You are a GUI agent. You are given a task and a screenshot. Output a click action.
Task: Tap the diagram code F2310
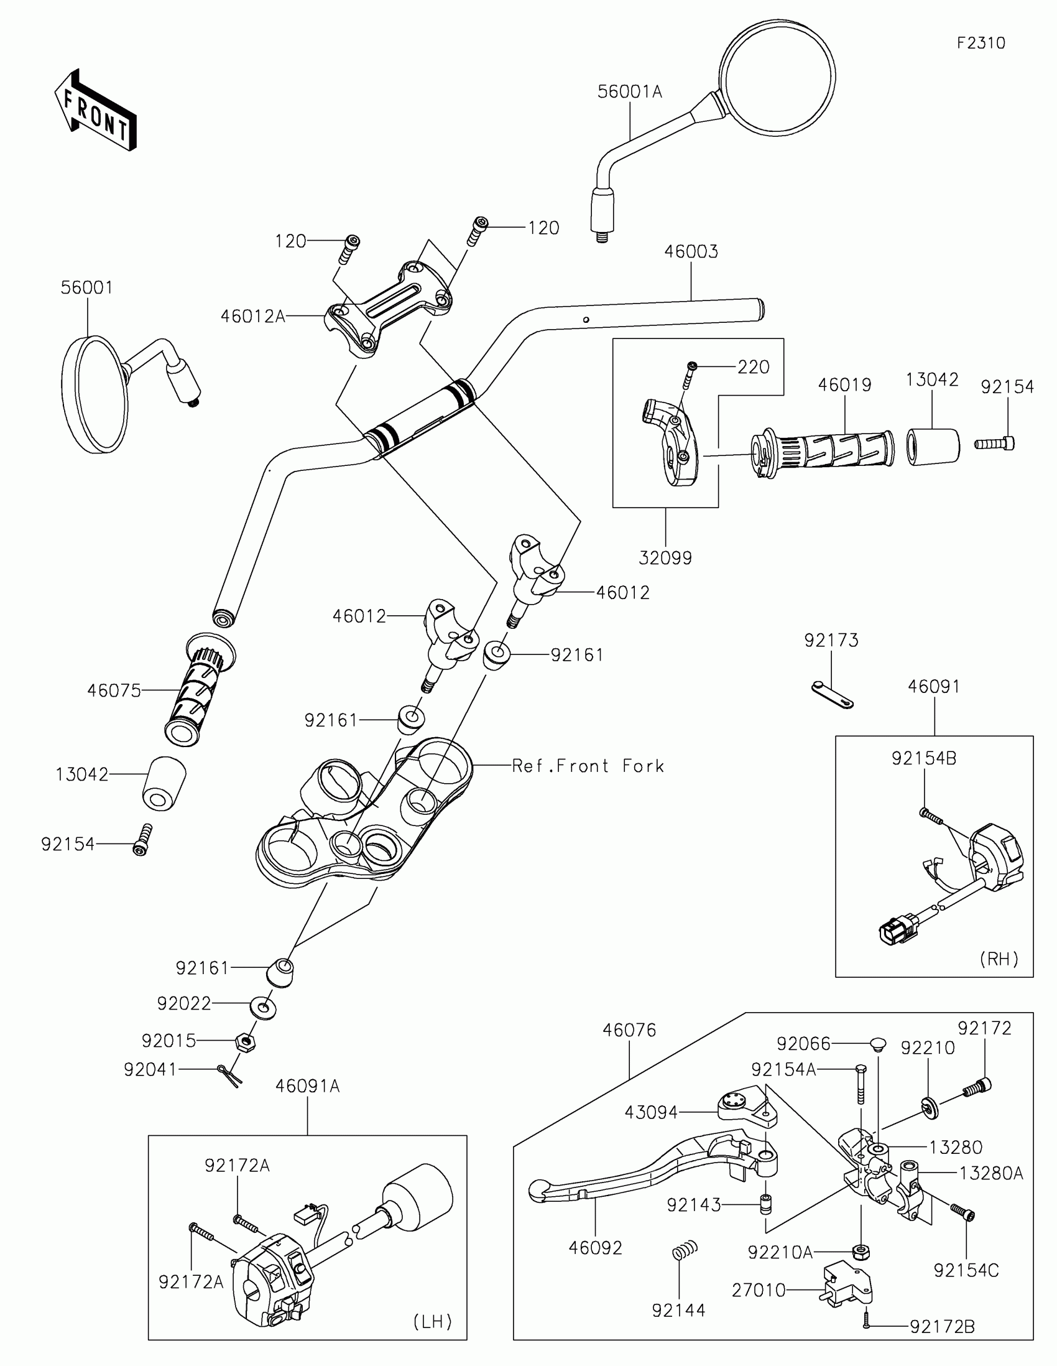981,43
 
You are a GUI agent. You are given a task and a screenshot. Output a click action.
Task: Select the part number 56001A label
629,92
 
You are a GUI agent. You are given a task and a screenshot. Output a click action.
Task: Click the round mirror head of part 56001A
777,78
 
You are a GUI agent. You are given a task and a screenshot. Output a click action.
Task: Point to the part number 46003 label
691,251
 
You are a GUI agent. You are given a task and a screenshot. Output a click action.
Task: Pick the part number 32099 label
665,558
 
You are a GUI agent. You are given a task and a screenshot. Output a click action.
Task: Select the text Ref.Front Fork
588,766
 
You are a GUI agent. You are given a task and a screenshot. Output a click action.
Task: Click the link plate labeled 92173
832,695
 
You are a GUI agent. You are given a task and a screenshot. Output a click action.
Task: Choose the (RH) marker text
999,959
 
